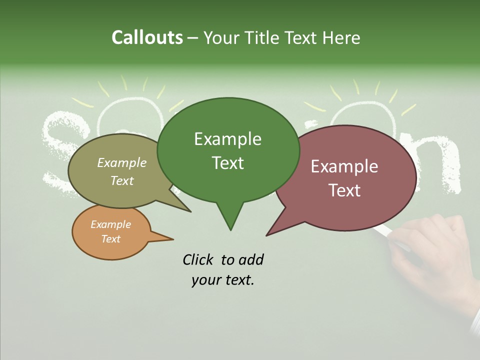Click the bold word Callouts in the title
(x=147, y=37)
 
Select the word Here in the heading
(x=339, y=37)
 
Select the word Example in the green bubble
(x=227, y=139)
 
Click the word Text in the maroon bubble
(x=344, y=190)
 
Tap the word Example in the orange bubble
(x=111, y=224)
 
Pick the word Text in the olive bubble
(x=122, y=180)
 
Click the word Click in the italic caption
(x=199, y=259)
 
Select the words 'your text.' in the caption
(x=223, y=280)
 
